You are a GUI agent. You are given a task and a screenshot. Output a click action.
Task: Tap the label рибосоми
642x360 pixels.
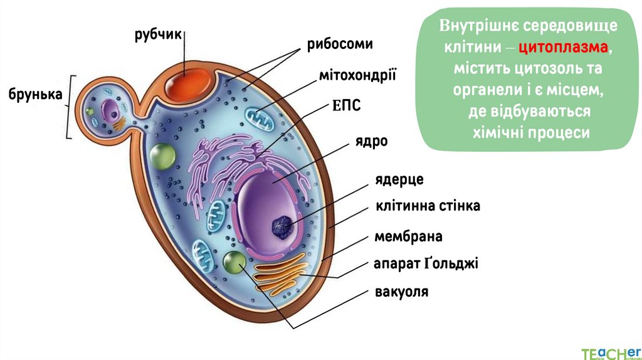coord(340,45)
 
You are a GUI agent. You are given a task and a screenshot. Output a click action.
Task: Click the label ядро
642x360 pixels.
coord(372,141)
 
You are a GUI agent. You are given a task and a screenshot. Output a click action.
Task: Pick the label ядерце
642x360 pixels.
coord(399,180)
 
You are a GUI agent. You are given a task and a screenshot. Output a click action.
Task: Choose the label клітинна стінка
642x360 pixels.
coord(428,206)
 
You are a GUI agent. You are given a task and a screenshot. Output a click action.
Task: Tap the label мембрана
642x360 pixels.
coord(408,236)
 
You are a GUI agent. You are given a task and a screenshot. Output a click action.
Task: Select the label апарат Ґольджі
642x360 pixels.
coord(426,263)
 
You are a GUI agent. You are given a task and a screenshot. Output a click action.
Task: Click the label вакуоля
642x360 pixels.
coord(401,292)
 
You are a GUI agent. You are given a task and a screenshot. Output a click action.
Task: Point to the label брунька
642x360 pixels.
coord(35,94)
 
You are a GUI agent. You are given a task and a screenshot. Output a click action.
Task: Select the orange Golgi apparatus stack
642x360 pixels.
coord(282,275)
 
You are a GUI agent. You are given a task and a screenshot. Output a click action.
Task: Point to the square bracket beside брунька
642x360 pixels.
coord(70,107)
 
